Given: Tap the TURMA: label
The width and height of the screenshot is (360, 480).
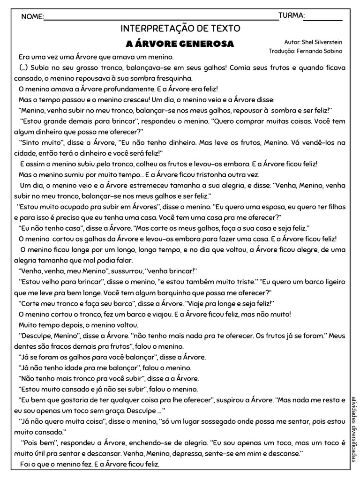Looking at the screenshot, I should point(292,16).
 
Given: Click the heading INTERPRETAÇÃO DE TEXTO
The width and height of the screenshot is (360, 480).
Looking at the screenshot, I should point(180,29).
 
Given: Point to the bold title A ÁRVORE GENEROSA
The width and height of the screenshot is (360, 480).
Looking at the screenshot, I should point(180,44).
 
